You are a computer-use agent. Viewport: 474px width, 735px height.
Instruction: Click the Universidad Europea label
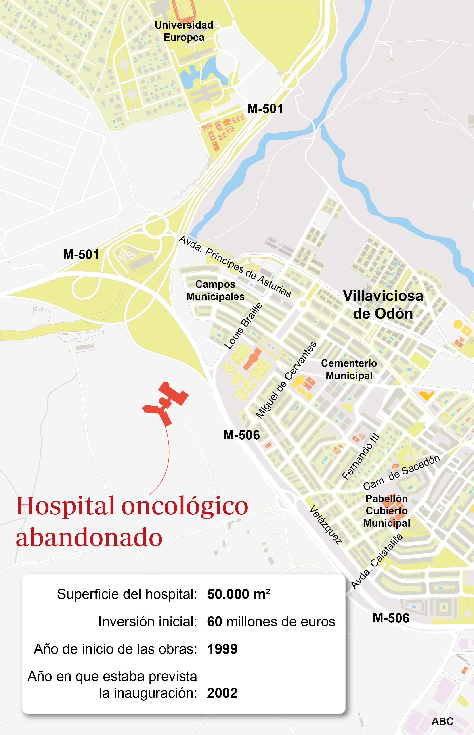click(184, 31)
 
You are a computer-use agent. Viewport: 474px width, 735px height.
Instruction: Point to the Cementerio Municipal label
click(349, 369)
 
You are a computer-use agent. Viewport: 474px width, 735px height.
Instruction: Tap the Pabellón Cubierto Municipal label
click(387, 511)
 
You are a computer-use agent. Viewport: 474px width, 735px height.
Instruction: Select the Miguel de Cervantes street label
click(286, 380)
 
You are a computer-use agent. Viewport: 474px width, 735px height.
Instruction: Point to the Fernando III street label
click(360, 457)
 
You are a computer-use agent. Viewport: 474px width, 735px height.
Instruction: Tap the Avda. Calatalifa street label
click(377, 562)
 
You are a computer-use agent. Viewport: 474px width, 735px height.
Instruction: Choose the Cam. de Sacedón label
click(401, 472)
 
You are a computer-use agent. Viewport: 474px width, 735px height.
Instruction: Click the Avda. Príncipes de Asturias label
click(235, 266)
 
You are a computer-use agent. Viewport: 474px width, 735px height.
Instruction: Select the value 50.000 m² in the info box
click(239, 594)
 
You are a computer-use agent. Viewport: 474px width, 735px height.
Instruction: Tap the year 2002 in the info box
click(222, 693)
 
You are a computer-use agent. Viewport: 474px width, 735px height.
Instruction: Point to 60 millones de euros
click(271, 622)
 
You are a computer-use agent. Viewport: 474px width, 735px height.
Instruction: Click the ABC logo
click(442, 721)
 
